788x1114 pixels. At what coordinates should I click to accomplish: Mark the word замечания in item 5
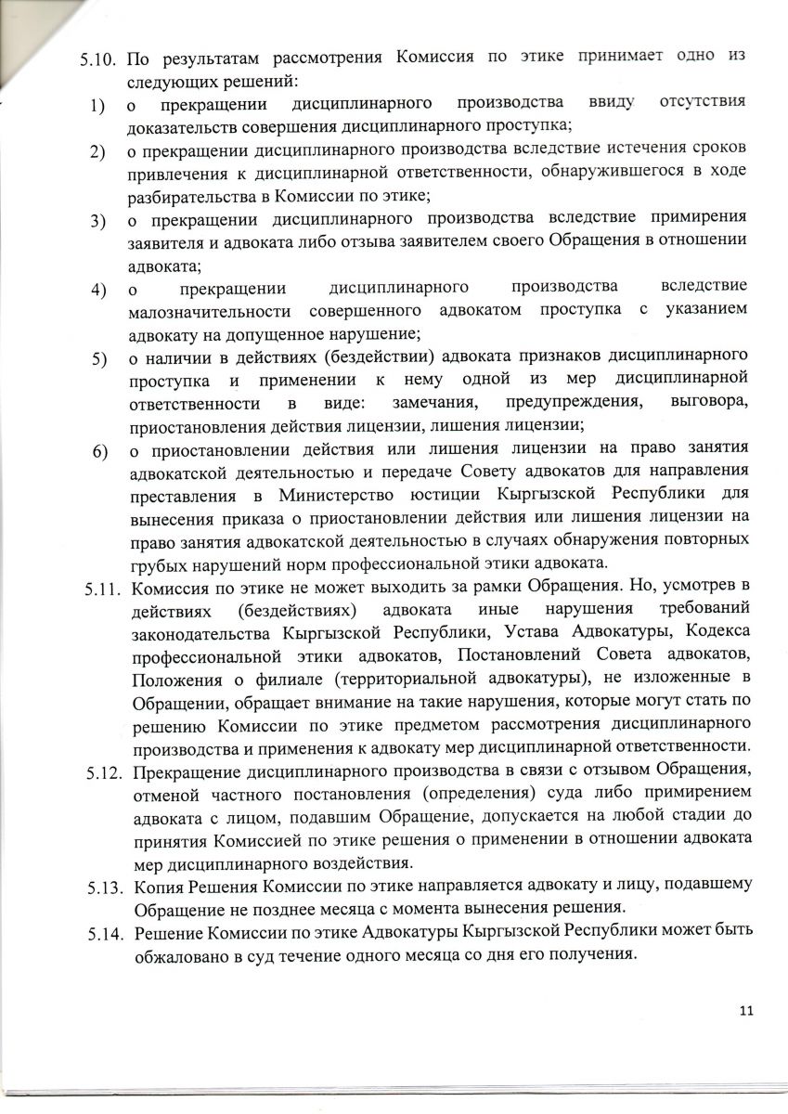pyautogui.click(x=434, y=405)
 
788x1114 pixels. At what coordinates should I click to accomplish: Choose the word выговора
pyautogui.click(x=707, y=404)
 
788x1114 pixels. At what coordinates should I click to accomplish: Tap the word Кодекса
pyautogui.click(x=714, y=632)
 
